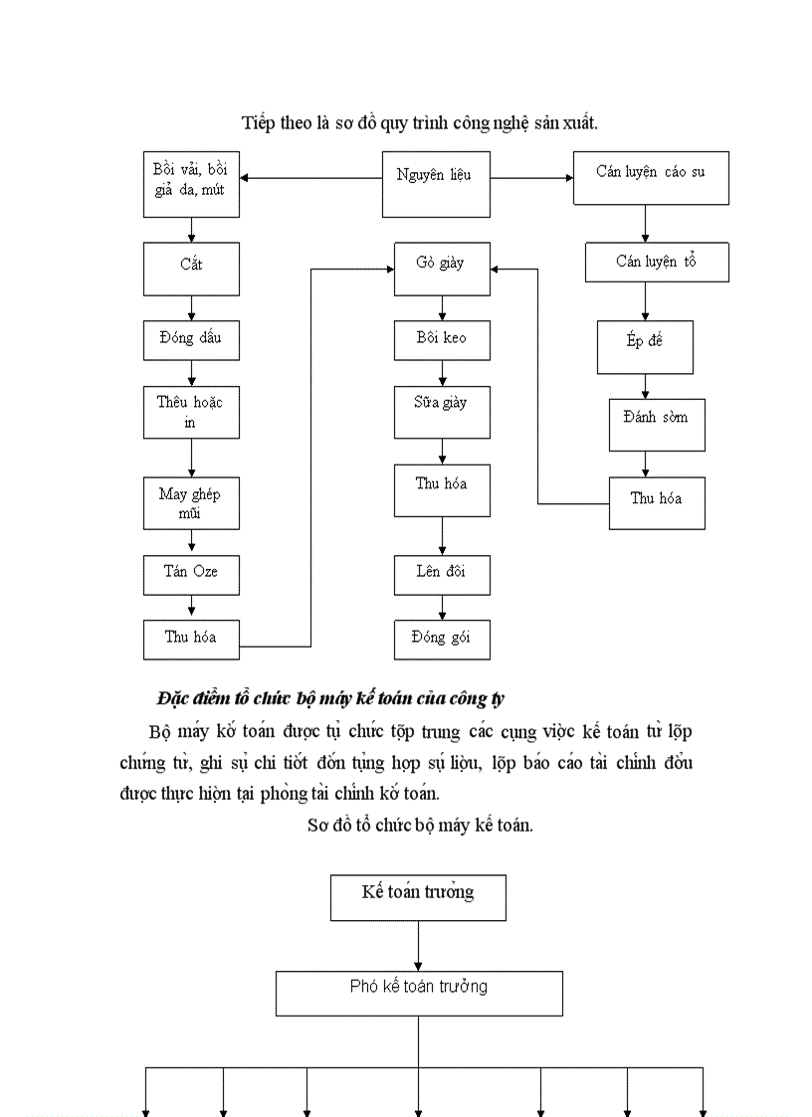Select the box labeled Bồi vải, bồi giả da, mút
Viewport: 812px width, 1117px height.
click(191, 184)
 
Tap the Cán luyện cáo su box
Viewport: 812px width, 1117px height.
click(651, 178)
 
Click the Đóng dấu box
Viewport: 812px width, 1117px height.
click(191, 340)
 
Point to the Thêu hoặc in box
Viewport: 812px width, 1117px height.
click(191, 412)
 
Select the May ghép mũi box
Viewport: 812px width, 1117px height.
click(191, 502)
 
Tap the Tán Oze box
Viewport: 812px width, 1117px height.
click(191, 574)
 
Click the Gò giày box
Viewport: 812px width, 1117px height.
click(442, 269)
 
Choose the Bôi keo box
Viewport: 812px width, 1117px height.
click(442, 340)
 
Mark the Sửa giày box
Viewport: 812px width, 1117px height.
click(442, 412)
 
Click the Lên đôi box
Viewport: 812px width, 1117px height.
click(442, 574)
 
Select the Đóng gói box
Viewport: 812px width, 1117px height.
click(442, 639)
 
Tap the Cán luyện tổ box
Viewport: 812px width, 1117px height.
click(657, 262)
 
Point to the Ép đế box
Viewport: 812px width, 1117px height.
click(645, 346)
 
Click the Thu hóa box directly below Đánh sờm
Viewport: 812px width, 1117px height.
click(657, 502)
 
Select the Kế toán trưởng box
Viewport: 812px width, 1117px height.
click(418, 897)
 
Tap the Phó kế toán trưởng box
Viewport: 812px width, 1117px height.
click(419, 993)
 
